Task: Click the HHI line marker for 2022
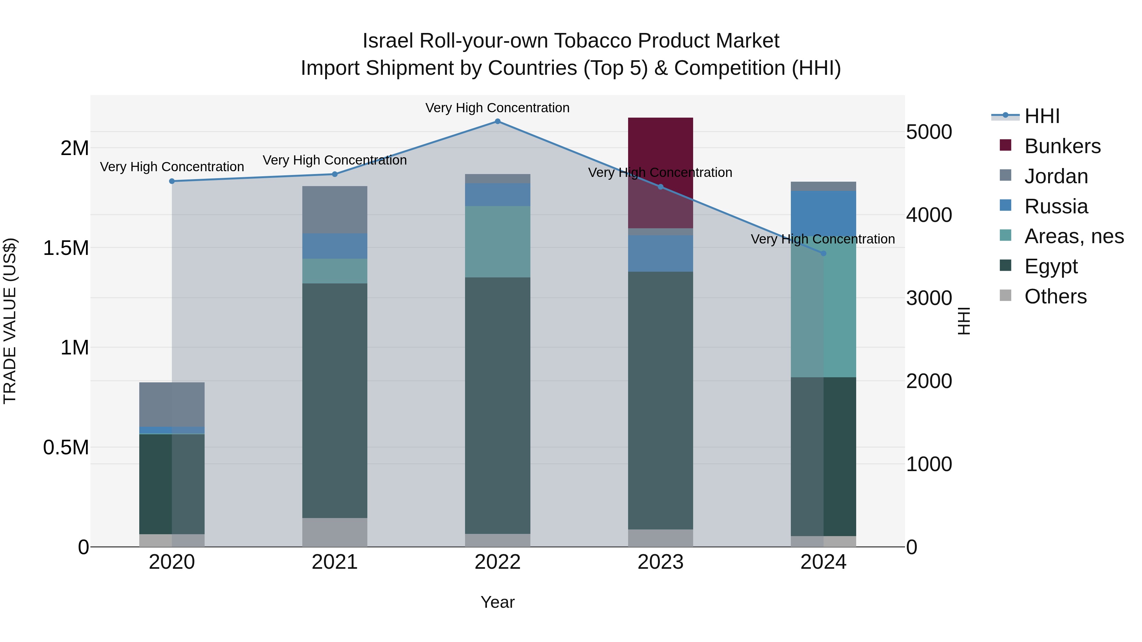pos(497,121)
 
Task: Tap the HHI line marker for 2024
pos(823,253)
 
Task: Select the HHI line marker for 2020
pos(172,181)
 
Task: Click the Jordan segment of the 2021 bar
pos(335,210)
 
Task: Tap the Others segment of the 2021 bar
pos(335,532)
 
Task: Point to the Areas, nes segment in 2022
pos(497,242)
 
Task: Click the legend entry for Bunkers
pos(1062,146)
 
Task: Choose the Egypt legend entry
pos(1051,266)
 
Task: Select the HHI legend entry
pos(1042,116)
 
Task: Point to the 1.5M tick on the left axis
pos(66,248)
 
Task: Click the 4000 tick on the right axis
pos(929,215)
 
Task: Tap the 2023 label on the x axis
pos(660,562)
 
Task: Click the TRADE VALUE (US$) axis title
pos(10,321)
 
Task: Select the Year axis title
pos(497,602)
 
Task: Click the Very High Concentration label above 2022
pos(497,108)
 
